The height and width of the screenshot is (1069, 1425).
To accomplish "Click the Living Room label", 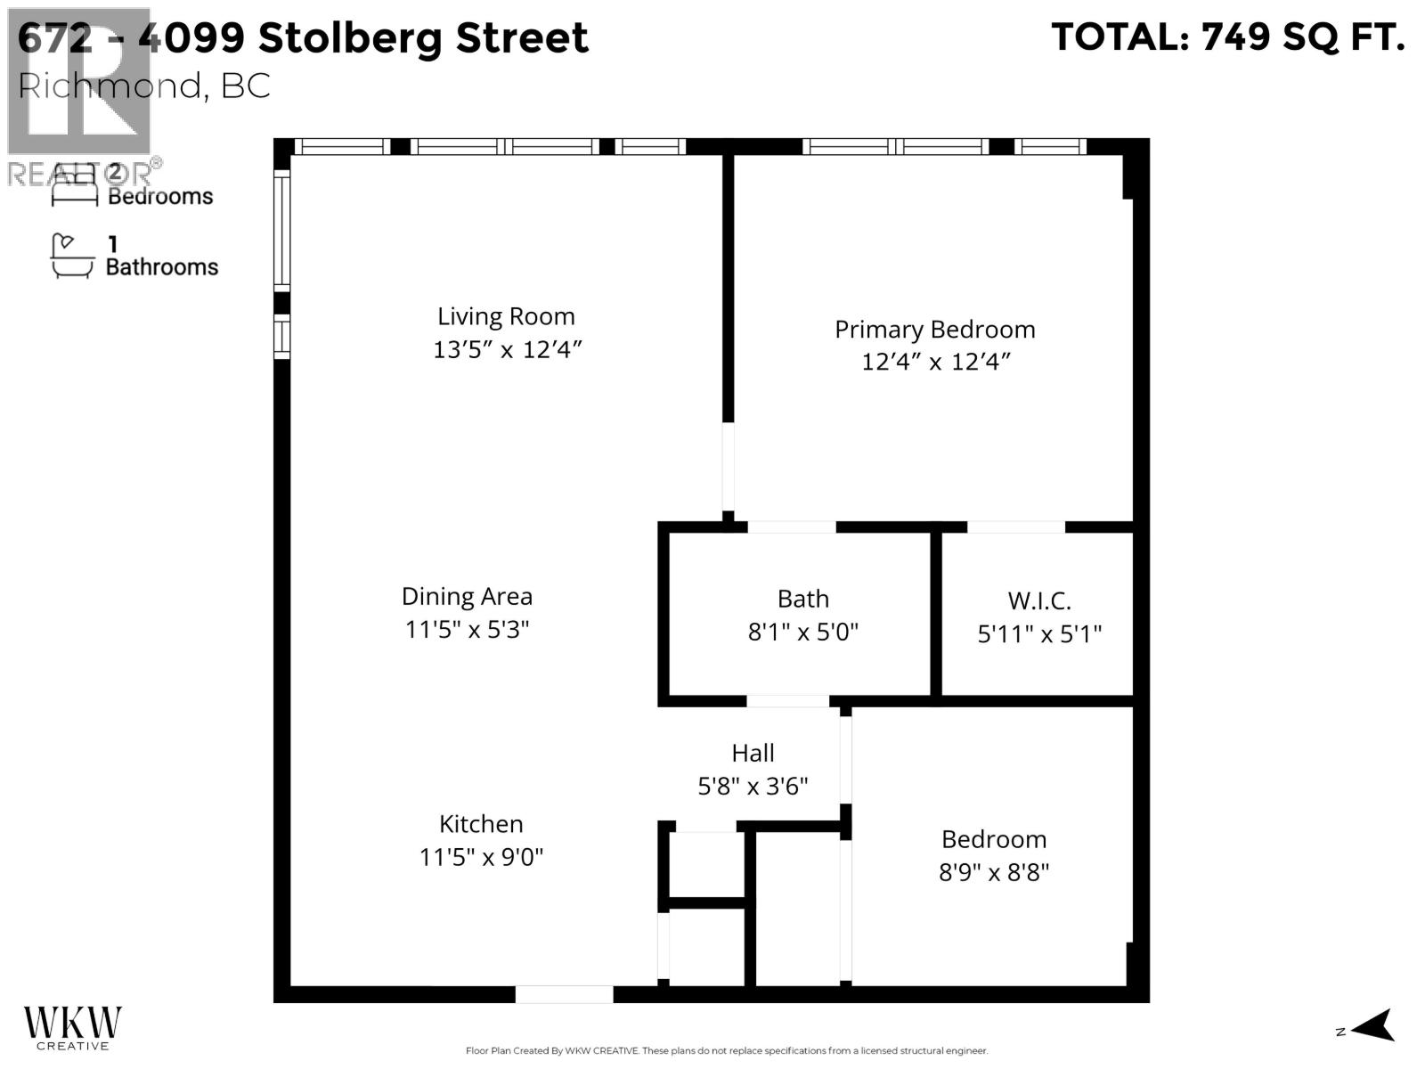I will [x=506, y=316].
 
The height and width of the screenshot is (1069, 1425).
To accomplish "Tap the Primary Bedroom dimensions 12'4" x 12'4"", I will [x=935, y=362].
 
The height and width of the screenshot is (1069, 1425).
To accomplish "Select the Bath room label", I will [x=802, y=599].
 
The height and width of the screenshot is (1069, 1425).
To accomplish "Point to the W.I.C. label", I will [x=1038, y=600].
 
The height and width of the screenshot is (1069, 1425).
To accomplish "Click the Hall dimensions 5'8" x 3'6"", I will [x=753, y=786].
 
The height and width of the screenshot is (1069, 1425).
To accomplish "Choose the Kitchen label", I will [x=481, y=823].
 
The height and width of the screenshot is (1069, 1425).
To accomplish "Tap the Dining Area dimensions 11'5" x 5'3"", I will [x=467, y=629].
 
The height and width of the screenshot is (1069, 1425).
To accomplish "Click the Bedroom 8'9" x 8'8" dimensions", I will [x=994, y=872].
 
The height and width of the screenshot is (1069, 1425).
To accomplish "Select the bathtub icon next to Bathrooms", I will [x=72, y=257].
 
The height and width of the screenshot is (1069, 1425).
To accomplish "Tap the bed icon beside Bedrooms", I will [x=74, y=185].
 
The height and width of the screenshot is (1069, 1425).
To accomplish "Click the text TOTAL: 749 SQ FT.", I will [x=1227, y=37].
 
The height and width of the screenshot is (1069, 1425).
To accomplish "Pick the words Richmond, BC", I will [x=144, y=86].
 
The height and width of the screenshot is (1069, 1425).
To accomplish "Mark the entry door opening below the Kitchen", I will [x=564, y=993].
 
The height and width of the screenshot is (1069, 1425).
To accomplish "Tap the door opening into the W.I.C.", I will [x=1015, y=526].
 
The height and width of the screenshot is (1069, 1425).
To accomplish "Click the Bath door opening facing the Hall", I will [x=787, y=701].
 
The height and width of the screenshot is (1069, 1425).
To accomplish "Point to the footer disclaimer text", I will [x=726, y=1051].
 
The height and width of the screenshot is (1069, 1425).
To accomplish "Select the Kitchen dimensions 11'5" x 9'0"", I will [x=481, y=857].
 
